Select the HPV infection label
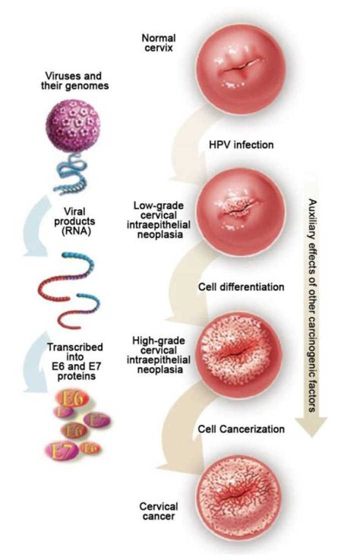point(240,145)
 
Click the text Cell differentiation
point(241,287)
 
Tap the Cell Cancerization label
point(241,429)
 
